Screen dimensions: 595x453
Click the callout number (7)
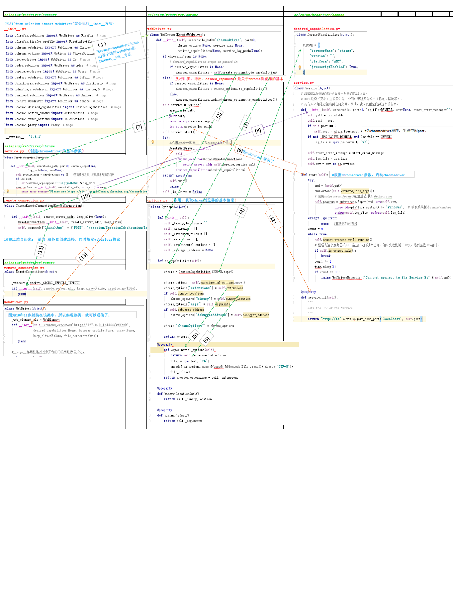coord(139,127)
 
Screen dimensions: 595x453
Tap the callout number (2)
coord(219,115)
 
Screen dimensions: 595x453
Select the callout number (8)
coord(258,131)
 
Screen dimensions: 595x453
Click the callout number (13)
coord(83,256)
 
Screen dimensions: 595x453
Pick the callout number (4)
coord(241,211)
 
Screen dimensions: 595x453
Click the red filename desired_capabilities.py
coord(317,29)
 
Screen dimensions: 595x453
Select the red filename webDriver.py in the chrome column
coord(155,29)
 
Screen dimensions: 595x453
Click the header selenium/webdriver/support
coord(31,15)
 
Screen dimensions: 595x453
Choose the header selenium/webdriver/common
coord(319,15)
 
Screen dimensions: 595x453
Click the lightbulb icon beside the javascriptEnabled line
coord(300,67)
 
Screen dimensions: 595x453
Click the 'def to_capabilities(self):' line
coord(179,261)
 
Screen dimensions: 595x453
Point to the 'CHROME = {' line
coord(311,45)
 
